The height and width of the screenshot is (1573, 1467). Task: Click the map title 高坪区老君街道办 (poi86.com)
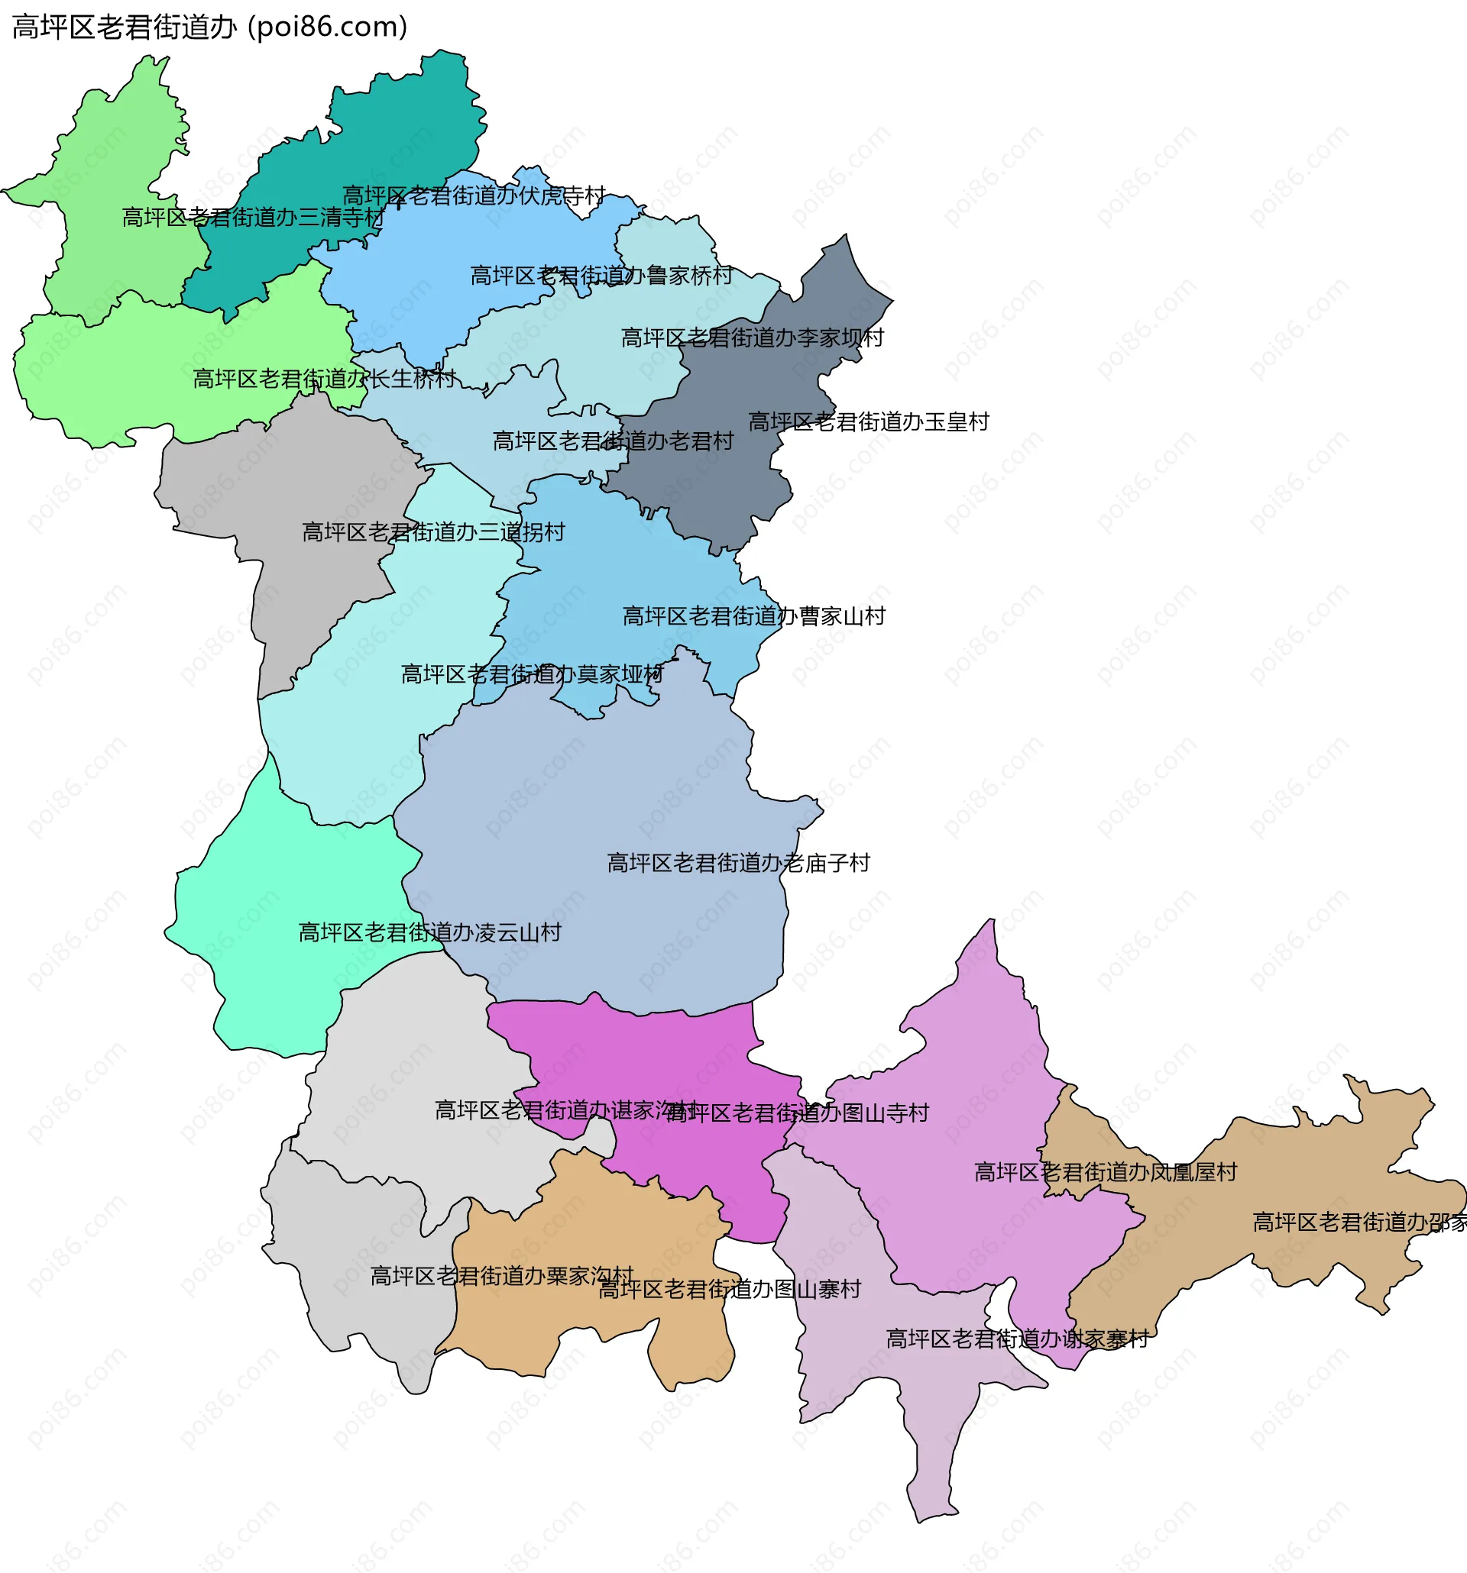click(x=210, y=27)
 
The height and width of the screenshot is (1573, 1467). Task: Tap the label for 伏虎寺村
click(x=474, y=195)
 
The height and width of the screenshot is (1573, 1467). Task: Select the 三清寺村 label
click(x=253, y=218)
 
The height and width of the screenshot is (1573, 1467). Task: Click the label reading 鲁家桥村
click(x=601, y=276)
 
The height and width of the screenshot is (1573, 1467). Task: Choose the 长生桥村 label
click(x=325, y=380)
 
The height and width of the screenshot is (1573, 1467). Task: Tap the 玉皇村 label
click(x=869, y=422)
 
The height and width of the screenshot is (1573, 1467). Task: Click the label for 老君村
click(x=613, y=441)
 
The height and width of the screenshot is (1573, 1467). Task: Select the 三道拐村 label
click(x=433, y=532)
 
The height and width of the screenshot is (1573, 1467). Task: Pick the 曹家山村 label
click(x=753, y=616)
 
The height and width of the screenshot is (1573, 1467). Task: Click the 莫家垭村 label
click(x=532, y=675)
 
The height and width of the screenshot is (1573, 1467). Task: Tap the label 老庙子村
click(x=738, y=864)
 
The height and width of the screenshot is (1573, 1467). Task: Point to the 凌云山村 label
click(x=429, y=933)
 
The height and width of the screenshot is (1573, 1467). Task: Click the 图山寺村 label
click(x=798, y=1114)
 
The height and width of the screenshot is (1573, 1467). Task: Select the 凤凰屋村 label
click(x=1105, y=1173)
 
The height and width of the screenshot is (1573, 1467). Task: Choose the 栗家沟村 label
click(x=502, y=1276)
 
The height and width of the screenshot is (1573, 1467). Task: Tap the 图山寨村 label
click(x=729, y=1290)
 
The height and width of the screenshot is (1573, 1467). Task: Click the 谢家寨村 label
click(x=1016, y=1339)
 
